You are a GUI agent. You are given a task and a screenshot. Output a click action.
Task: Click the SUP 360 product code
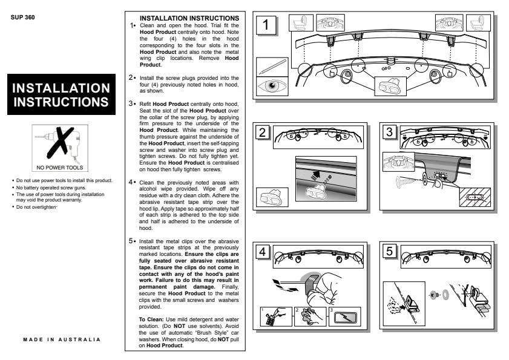(x=23, y=17)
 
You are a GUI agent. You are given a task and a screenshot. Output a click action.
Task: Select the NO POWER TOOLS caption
(x=59, y=168)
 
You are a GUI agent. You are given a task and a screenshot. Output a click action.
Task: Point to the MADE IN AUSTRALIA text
(x=62, y=339)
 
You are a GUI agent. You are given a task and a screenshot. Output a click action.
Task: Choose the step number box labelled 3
(x=390, y=133)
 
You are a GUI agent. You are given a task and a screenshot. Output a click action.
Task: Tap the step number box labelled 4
(x=263, y=251)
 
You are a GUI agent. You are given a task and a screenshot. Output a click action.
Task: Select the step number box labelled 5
(x=390, y=251)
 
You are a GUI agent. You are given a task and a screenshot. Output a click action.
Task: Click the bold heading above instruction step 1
(x=189, y=18)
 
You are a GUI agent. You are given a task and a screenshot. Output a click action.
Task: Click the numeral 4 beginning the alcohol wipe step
(x=130, y=182)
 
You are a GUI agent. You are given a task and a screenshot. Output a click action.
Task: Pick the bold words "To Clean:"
(x=151, y=319)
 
